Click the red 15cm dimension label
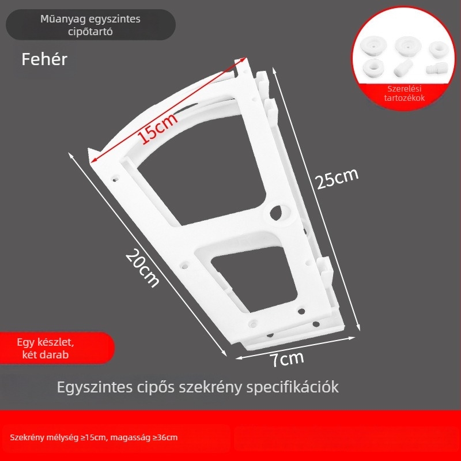click(158, 128)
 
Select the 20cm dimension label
click(142, 268)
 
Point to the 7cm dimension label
click(287, 358)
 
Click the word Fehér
click(44, 59)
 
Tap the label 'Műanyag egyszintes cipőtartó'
click(90, 25)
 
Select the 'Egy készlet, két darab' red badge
click(46, 349)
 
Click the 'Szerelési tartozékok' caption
click(405, 93)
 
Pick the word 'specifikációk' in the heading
click(293, 387)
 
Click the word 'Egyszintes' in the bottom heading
click(95, 387)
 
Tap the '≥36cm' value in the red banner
click(165, 437)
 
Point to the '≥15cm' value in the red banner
click(93, 437)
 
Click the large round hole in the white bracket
click(276, 213)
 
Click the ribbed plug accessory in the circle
click(437, 70)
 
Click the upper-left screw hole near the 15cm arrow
click(116, 179)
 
